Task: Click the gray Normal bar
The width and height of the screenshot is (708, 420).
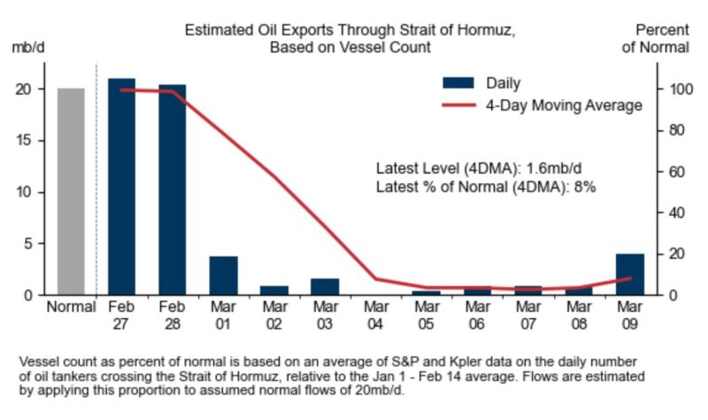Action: click(x=71, y=191)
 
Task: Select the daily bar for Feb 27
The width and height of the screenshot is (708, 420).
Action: click(x=121, y=187)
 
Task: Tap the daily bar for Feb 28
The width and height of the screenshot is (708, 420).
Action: click(x=172, y=190)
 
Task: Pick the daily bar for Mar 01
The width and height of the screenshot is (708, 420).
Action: click(x=223, y=276)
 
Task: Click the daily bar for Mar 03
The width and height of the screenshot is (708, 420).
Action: click(x=325, y=286)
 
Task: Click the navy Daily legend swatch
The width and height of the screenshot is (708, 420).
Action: click(x=458, y=83)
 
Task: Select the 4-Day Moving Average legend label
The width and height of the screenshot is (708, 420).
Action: click(x=564, y=105)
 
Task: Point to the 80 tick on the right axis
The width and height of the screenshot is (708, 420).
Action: click(x=673, y=130)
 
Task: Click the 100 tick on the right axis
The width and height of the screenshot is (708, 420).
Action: click(x=673, y=89)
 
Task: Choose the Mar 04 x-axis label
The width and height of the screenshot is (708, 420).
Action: click(x=376, y=315)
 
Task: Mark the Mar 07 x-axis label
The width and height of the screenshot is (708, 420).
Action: click(x=528, y=315)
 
